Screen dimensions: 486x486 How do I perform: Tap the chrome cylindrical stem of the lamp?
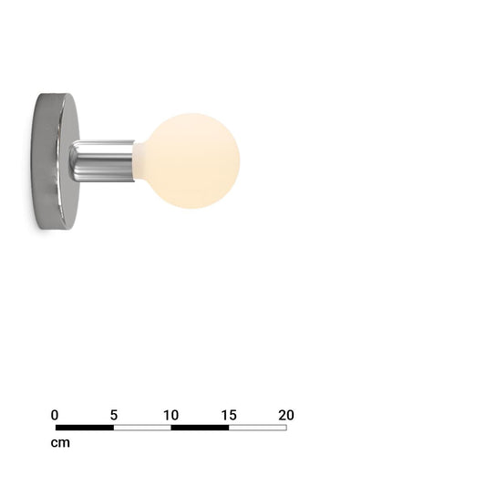pos(102,161)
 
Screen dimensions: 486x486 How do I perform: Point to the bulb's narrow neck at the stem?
pos(138,161)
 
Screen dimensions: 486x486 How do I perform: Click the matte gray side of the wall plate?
pos(47,161)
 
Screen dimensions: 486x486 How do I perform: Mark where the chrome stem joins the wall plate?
pos(73,161)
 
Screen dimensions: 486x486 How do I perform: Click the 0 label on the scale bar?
pos(55,415)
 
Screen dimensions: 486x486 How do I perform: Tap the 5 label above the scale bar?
pos(114,415)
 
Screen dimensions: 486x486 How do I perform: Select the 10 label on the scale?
pos(171,415)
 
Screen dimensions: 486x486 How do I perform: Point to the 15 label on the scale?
pos(229,415)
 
